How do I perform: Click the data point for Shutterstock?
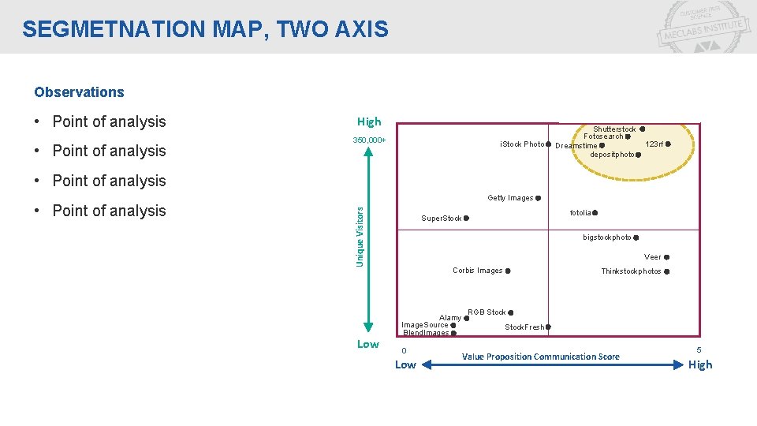tap(643, 129)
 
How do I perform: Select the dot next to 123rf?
tap(668, 144)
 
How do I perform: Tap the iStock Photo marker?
tap(548, 144)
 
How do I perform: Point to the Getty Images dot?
tap(538, 198)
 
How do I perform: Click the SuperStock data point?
tap(466, 219)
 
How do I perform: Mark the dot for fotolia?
tap(595, 213)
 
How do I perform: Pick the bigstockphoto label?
tap(606, 237)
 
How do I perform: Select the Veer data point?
tap(667, 257)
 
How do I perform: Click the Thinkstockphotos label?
tap(631, 271)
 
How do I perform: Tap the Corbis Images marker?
tap(508, 271)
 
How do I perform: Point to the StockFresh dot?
tap(548, 327)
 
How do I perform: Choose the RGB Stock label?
tap(487, 312)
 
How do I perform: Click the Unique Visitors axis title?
tap(360, 236)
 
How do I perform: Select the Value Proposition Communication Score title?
tap(540, 357)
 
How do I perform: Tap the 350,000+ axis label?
tap(369, 140)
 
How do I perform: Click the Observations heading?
tap(79, 92)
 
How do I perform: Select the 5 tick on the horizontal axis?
tap(698, 349)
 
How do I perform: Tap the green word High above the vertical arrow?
tap(368, 121)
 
